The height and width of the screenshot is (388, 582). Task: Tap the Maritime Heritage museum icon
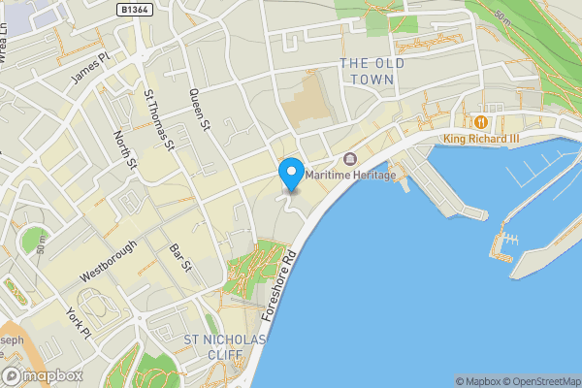pos(350,159)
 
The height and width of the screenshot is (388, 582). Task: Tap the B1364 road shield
pos(136,9)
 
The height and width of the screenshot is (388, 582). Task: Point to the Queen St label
pos(200,110)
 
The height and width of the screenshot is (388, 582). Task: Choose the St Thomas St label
pos(158,121)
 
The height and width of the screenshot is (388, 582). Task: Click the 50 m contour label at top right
pos(501,17)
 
